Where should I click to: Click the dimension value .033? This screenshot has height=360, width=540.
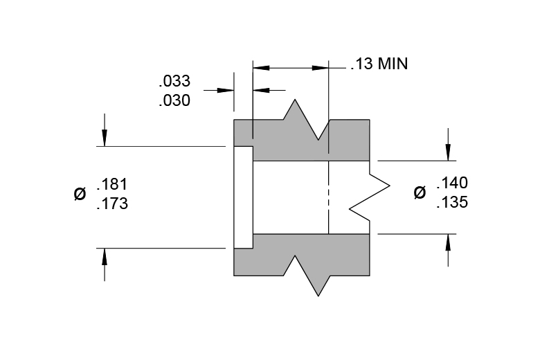point(174,81)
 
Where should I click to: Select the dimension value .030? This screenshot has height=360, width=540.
point(174,100)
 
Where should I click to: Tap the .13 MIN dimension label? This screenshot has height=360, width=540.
point(379,64)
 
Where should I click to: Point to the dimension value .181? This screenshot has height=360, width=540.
point(112,184)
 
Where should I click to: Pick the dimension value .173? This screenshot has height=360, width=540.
point(112,204)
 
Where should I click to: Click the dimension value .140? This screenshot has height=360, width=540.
point(452,183)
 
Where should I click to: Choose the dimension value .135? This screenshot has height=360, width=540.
point(452,202)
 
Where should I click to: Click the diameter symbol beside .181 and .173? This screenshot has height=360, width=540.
point(80,194)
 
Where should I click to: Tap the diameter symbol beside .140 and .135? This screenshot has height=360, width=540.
point(420,192)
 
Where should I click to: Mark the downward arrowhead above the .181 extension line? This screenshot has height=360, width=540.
point(105,138)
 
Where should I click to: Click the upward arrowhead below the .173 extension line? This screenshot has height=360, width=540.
point(105,256)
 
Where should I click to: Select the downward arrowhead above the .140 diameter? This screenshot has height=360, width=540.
point(448,152)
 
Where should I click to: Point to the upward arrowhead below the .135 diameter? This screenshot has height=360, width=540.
point(448,242)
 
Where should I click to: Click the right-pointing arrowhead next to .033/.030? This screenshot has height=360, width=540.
point(226,90)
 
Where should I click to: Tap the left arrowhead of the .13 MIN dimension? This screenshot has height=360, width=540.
point(262,68)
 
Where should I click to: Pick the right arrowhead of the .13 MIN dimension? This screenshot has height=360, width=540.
point(321,68)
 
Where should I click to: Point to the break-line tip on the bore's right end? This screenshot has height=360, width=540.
point(390,186)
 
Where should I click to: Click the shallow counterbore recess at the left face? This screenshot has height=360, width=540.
point(244,197)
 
